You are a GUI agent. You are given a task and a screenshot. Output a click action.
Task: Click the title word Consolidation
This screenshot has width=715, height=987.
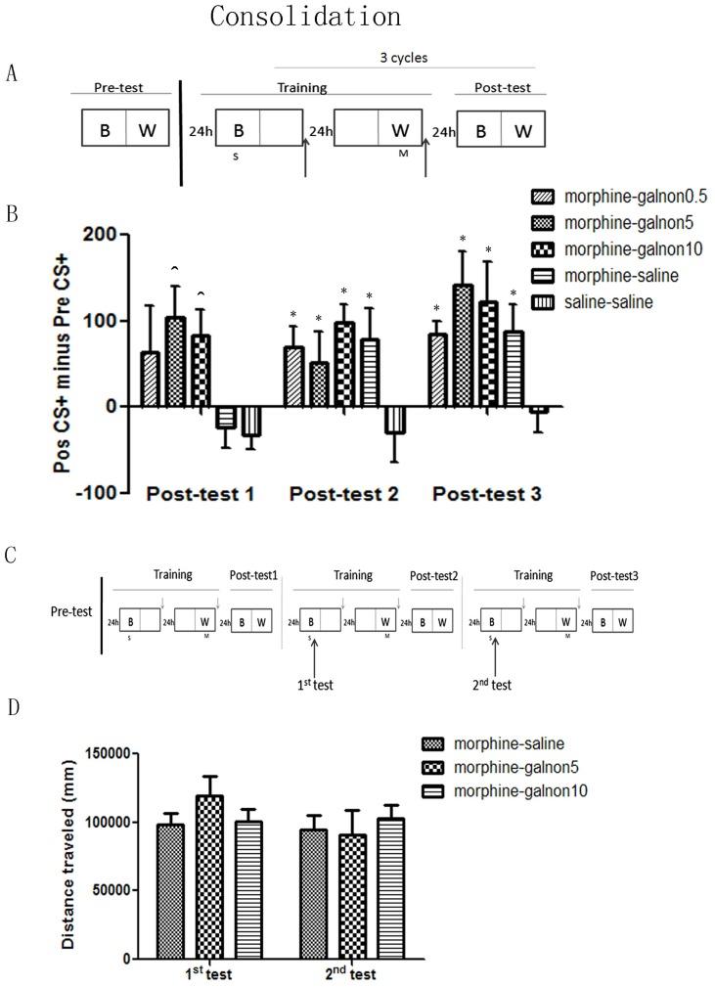coord(305,18)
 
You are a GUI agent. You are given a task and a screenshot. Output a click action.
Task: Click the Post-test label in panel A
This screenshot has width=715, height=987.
coord(500,88)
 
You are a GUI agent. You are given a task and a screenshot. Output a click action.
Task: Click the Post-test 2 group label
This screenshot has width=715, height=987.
coord(346,494)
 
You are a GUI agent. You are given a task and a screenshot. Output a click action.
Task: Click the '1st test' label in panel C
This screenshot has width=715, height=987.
coord(313,684)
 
